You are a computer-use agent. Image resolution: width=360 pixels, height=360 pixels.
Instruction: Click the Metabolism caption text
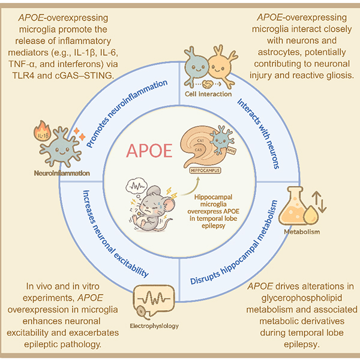(302, 231)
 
